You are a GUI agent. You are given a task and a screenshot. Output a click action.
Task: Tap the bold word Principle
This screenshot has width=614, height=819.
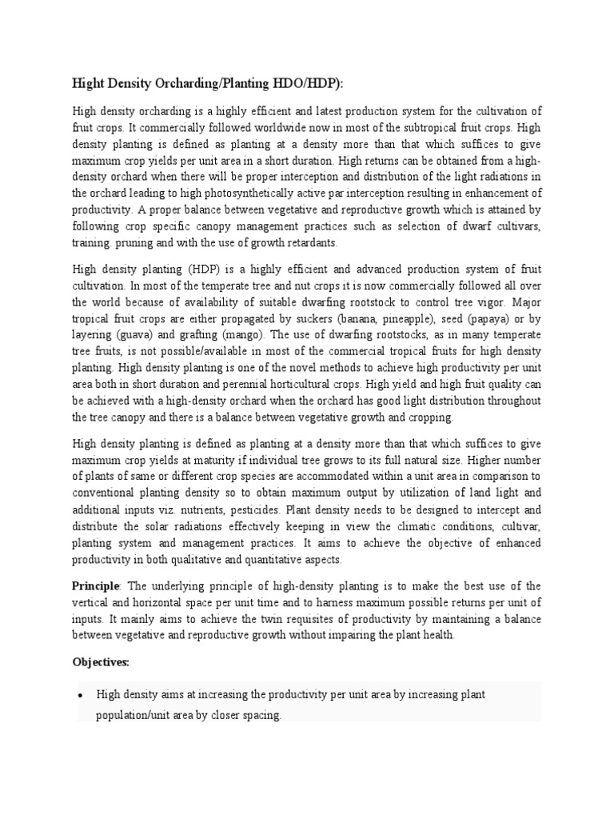point(96,586)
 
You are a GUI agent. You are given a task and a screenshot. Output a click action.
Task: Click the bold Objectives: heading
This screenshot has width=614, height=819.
point(101,663)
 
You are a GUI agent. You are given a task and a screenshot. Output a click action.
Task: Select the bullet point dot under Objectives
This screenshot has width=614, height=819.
point(82,696)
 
